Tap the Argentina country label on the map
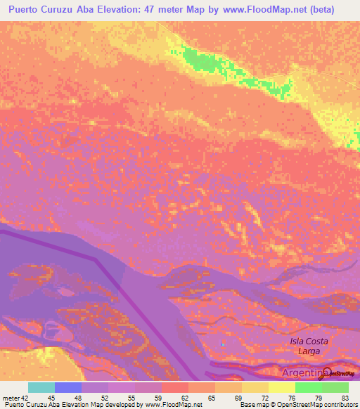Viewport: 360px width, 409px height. point(300,372)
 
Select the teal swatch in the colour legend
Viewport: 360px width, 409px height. point(41,387)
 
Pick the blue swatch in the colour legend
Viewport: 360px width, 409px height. point(68,387)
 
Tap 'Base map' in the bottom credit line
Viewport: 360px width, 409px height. point(250,405)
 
